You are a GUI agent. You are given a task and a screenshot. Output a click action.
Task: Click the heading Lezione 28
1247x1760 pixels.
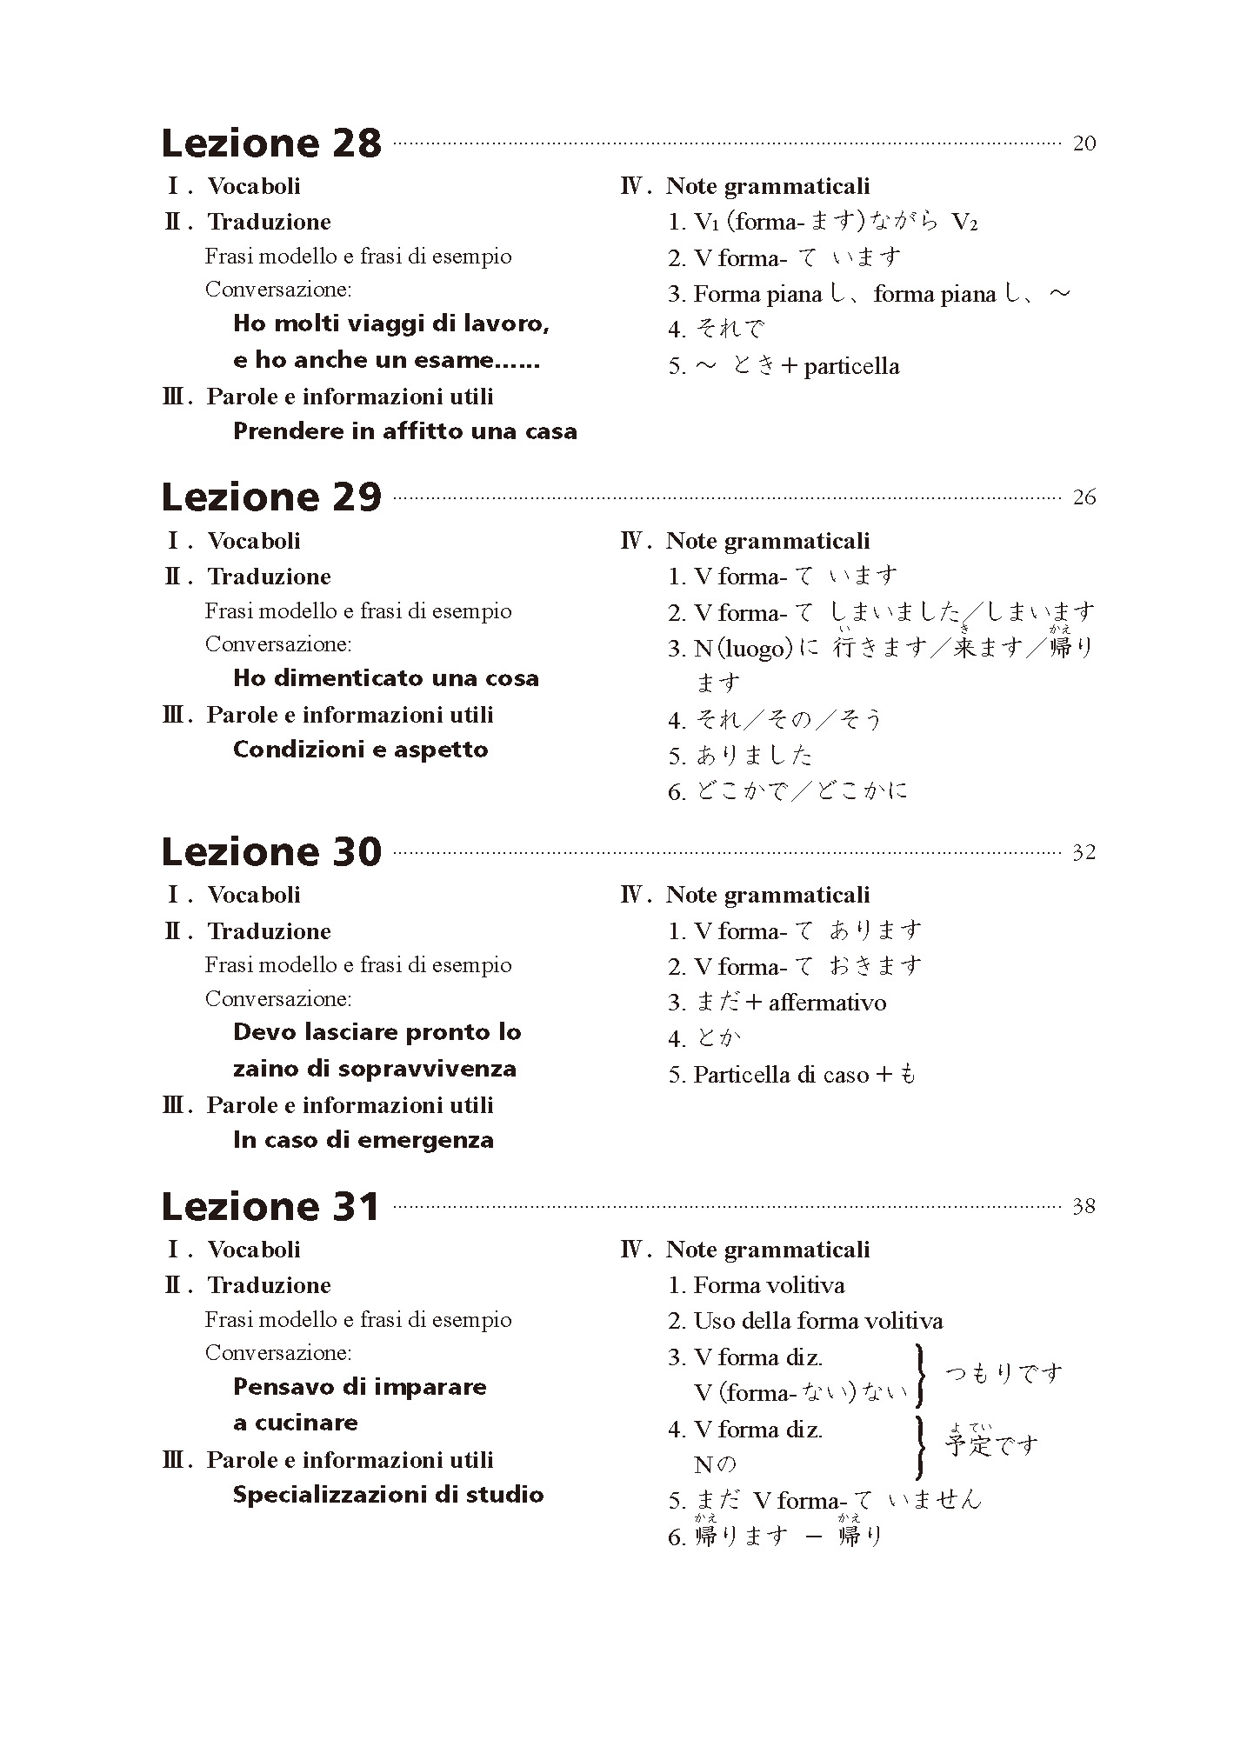pyautogui.click(x=271, y=143)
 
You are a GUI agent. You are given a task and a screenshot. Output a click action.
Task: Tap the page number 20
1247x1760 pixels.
pyautogui.click(x=1084, y=143)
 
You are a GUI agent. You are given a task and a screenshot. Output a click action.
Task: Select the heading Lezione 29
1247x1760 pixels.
pyautogui.click(x=271, y=497)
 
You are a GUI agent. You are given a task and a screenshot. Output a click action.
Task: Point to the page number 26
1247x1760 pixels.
pyautogui.click(x=1084, y=498)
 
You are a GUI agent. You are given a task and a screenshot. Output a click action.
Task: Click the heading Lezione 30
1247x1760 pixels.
pyautogui.click(x=271, y=852)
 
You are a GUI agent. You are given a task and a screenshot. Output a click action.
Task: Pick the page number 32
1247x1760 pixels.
pyautogui.click(x=1084, y=853)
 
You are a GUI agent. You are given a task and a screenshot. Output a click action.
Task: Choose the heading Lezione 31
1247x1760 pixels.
pyautogui.click(x=270, y=1207)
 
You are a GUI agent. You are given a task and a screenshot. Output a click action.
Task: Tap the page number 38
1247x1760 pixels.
pyautogui.click(x=1084, y=1207)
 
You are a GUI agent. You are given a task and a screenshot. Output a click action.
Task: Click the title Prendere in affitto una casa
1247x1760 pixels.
pyautogui.click(x=404, y=431)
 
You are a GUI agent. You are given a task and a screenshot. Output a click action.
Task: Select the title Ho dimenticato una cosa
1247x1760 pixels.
pyautogui.click(x=386, y=678)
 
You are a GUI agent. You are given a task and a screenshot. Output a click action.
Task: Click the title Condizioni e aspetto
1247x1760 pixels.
pyautogui.click(x=360, y=750)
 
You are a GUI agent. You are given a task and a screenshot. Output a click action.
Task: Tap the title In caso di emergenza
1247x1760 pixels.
pyautogui.click(x=363, y=1140)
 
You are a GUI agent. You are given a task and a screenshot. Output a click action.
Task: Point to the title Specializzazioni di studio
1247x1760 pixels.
pyautogui.click(x=388, y=1495)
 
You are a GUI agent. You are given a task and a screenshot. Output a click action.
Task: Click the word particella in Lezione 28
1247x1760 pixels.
pyautogui.click(x=851, y=366)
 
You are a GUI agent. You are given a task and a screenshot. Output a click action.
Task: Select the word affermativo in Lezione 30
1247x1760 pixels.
pyautogui.click(x=827, y=1003)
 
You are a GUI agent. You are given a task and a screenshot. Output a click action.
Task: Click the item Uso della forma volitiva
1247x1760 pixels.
pyautogui.click(x=817, y=1322)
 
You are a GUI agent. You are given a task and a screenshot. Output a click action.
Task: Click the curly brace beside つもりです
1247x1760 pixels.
pyautogui.click(x=920, y=1375)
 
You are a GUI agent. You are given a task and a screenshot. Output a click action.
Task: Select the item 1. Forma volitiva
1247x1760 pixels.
pyautogui.click(x=756, y=1285)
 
